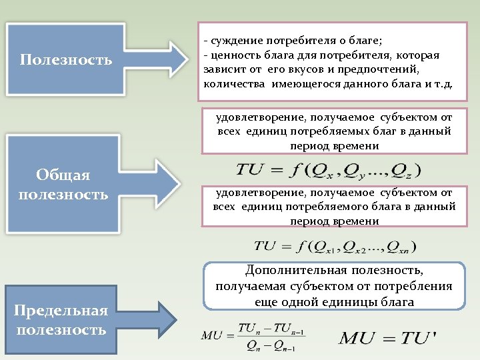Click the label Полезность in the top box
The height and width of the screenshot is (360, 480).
tap(65, 60)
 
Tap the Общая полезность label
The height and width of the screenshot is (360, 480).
tap(63, 185)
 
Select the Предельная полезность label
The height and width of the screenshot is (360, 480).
tap(62, 321)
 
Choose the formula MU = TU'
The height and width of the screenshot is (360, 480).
tap(387, 337)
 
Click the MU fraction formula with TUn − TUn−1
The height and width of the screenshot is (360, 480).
tap(254, 337)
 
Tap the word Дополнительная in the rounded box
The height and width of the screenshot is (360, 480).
tap(296, 270)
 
